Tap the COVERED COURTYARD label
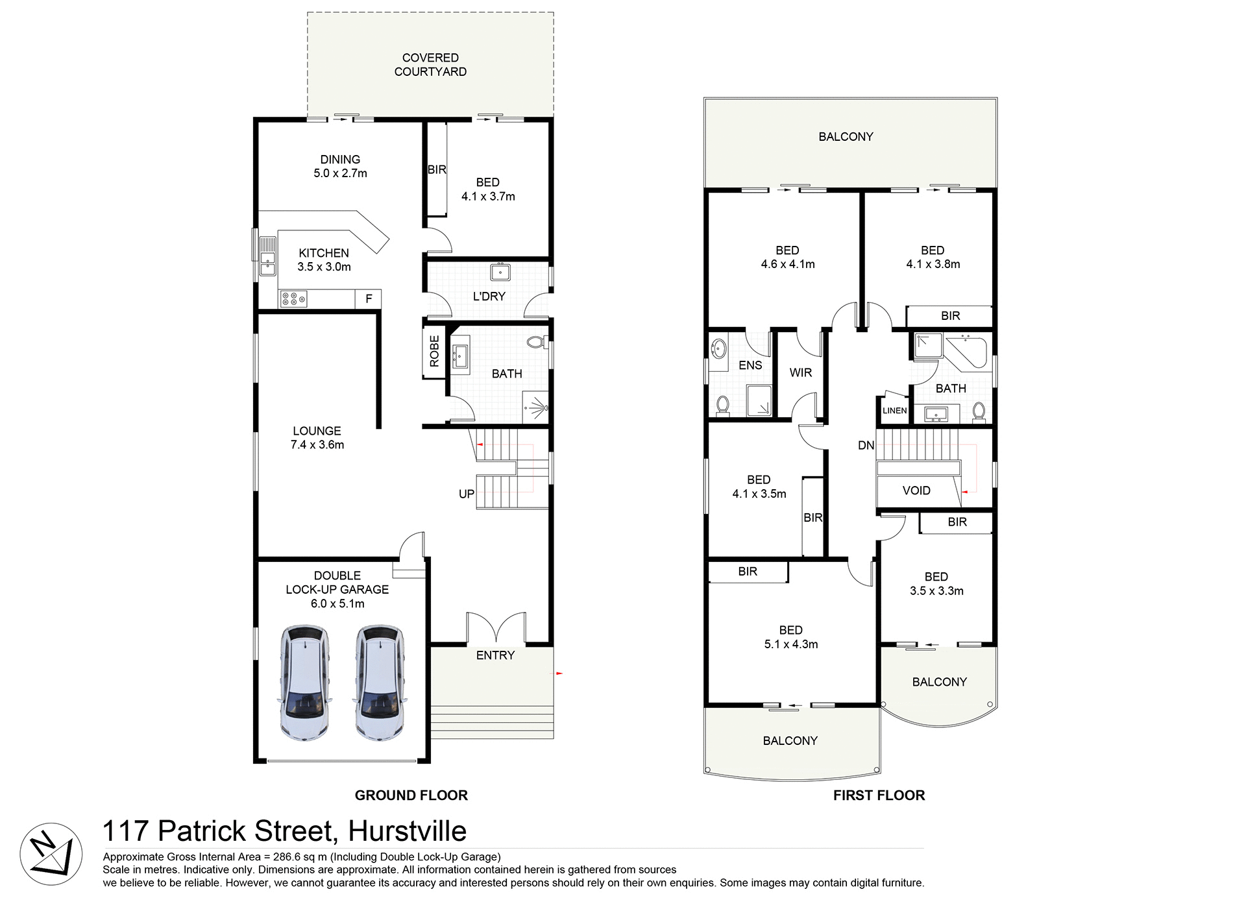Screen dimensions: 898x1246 (x=430, y=65)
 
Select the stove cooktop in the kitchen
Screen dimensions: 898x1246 (x=293, y=299)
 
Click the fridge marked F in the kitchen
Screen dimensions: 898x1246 (x=369, y=298)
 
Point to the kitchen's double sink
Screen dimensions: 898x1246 (x=267, y=256)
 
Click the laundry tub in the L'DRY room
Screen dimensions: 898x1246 (x=500, y=271)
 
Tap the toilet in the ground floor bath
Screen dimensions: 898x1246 (x=536, y=342)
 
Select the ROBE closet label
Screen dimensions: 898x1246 (x=434, y=351)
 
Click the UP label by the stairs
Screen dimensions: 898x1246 (x=467, y=494)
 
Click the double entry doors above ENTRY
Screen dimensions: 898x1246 (x=496, y=627)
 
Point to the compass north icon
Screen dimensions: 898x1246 (x=51, y=854)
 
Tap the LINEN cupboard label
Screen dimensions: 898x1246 (x=894, y=411)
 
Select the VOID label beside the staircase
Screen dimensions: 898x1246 (x=916, y=491)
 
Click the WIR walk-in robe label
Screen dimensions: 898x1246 (x=800, y=372)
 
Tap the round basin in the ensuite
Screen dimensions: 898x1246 (x=718, y=348)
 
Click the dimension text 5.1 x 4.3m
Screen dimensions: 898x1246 (x=790, y=644)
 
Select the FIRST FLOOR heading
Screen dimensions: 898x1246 (x=879, y=795)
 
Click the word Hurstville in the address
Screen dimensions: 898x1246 (x=407, y=831)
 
